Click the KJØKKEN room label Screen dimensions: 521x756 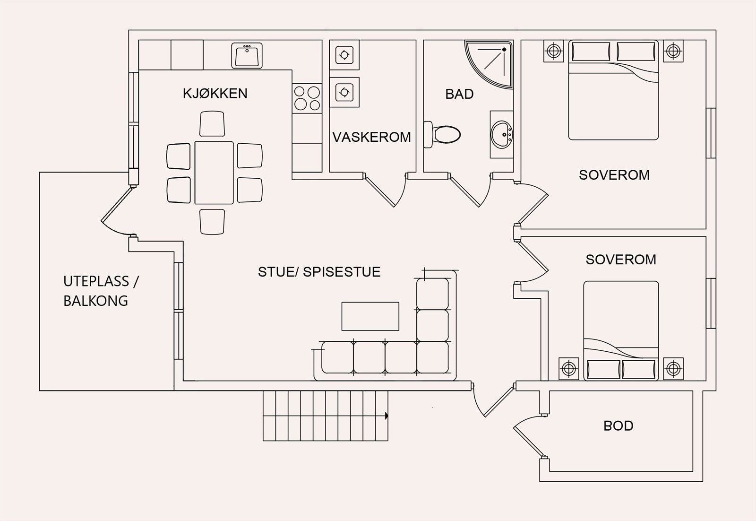click(215, 93)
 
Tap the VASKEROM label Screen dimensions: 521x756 click(371, 137)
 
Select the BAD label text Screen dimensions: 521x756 click(459, 94)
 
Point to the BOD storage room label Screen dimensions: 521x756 click(618, 426)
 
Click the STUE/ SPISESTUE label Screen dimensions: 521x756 click(319, 272)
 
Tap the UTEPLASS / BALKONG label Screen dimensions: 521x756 click(101, 291)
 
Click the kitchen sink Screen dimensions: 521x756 click(247, 56)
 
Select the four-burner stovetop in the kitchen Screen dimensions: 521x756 click(307, 97)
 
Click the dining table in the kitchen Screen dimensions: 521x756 click(214, 173)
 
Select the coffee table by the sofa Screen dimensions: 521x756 click(370, 316)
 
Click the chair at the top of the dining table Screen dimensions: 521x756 click(212, 124)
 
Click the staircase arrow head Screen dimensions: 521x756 click(387, 416)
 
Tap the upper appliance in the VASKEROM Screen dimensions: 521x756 click(344, 55)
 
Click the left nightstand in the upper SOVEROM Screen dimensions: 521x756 click(553, 51)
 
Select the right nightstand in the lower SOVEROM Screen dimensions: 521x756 click(673, 367)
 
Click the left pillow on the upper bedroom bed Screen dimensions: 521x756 click(591, 51)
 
